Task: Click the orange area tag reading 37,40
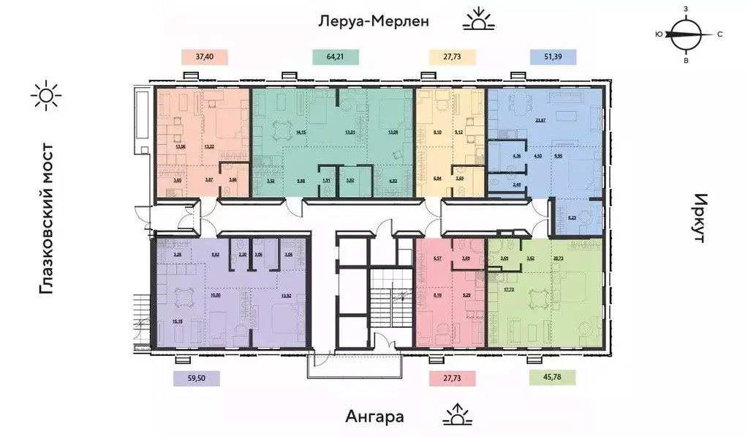pos(205,56)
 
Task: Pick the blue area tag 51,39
pos(553,56)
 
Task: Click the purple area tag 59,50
pos(195,378)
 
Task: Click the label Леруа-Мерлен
pos(372,21)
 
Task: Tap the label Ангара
pos(374,417)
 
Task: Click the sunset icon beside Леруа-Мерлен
pos(479,20)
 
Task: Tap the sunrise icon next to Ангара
pos(457,415)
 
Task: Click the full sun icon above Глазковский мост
pos(46,95)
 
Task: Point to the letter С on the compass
pos(719,34)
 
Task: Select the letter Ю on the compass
pos(659,34)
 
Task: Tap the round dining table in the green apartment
pos(281,132)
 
